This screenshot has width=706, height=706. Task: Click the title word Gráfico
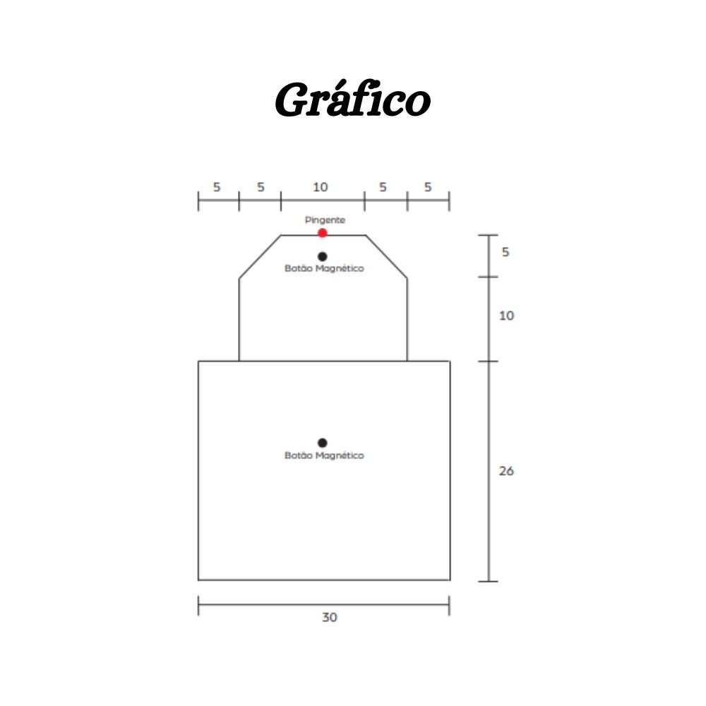(x=352, y=99)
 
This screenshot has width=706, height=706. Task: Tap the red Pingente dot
(x=323, y=233)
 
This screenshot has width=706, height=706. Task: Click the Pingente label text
(x=325, y=220)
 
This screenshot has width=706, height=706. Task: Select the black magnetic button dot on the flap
(x=323, y=257)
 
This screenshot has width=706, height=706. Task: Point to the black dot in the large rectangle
(x=323, y=443)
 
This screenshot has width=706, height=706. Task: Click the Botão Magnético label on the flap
(x=324, y=268)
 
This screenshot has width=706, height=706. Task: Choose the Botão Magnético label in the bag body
(x=324, y=455)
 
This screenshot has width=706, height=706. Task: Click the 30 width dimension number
(x=330, y=617)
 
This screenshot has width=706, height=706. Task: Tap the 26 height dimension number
(x=506, y=471)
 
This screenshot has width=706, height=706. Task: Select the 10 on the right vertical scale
(x=506, y=316)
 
